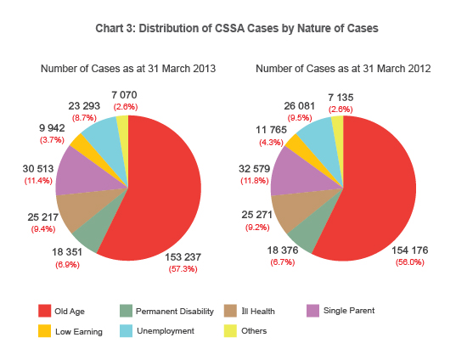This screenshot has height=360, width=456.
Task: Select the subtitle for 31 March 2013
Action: [x=128, y=68]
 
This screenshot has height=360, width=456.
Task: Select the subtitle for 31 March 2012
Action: [x=342, y=68]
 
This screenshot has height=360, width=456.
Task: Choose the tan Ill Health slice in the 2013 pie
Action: [x=76, y=207]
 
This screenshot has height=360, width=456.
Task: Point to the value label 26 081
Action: [x=301, y=106]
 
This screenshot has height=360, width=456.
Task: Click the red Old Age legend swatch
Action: [x=47, y=311]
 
